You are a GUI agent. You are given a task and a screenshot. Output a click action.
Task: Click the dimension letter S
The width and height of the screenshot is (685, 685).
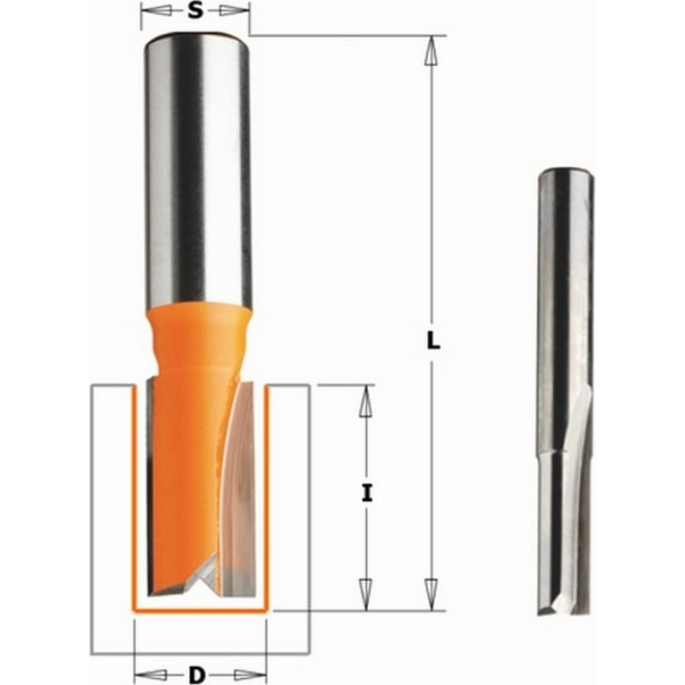pyautogui.click(x=197, y=11)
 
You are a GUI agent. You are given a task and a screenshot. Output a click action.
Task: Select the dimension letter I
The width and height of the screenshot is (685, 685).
pyautogui.click(x=366, y=493)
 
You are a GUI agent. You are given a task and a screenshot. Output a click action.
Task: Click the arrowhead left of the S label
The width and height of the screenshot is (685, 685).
pyautogui.click(x=154, y=11)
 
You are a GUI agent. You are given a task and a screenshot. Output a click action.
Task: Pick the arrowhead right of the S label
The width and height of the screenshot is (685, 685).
pyautogui.click(x=234, y=11)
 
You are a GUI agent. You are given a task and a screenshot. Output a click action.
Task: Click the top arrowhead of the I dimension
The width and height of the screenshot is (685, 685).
pyautogui.click(x=366, y=401)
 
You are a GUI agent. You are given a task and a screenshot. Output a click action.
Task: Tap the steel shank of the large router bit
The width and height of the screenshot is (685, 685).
pyautogui.click(x=198, y=171)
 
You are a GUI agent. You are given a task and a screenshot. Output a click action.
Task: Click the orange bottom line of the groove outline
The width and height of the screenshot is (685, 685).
pyautogui.click(x=201, y=611)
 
